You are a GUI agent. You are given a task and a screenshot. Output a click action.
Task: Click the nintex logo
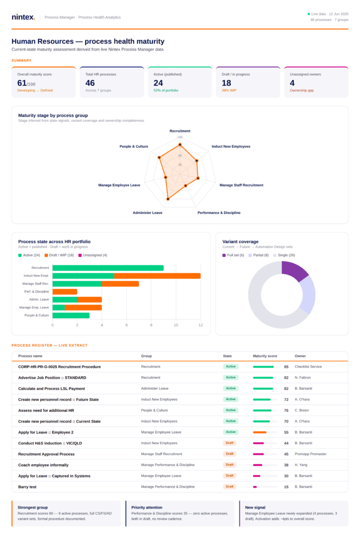click(23, 17)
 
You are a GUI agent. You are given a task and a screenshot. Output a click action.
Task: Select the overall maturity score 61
click(22, 83)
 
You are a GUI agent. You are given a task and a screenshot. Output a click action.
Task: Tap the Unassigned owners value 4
click(292, 83)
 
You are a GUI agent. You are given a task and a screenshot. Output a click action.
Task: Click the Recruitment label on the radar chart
click(180, 131)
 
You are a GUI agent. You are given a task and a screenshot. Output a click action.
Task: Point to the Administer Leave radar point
click(168, 199)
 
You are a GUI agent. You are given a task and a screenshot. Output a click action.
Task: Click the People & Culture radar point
click(159, 158)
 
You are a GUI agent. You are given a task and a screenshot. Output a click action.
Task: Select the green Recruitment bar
click(108, 268)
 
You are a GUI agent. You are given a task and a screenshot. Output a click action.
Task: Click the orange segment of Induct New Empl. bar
click(158, 276)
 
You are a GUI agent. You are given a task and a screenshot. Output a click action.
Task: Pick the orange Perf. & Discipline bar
click(65, 292)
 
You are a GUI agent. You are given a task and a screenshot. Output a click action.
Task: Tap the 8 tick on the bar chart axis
click(151, 325)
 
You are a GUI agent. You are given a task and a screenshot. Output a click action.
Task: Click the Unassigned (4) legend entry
click(93, 255)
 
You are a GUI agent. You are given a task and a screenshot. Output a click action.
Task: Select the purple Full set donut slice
click(294, 271)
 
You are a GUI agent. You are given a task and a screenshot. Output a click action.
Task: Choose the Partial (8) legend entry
click(259, 255)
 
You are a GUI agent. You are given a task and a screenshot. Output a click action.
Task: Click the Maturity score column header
click(265, 356)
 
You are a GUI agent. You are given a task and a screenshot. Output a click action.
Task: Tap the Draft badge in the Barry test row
click(230, 487)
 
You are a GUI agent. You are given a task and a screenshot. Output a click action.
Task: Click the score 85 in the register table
click(286, 367)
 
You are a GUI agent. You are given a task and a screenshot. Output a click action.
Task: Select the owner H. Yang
click(301, 465)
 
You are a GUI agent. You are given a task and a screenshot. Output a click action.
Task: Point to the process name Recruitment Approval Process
click(46, 454)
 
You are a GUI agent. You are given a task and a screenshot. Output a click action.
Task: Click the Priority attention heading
click(147, 508)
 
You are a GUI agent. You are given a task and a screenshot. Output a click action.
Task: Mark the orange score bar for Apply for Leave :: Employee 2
click(260, 432)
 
